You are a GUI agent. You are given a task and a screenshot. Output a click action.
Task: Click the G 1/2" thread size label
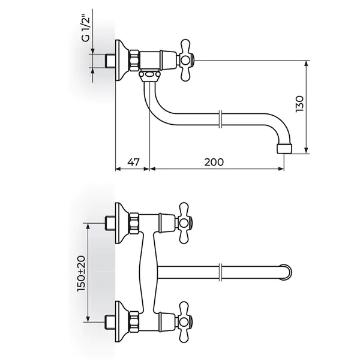click(x=85, y=29)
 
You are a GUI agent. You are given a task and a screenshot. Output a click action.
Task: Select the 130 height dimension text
click(x=299, y=104)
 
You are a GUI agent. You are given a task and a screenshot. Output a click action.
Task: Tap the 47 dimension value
click(x=134, y=162)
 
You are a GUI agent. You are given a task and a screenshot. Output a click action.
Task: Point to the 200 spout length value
click(x=214, y=162)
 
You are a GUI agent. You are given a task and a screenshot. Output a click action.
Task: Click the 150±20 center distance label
click(x=82, y=273)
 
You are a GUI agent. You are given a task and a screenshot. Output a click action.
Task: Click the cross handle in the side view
click(x=186, y=61)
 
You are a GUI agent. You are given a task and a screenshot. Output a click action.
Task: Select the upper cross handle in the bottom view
click(x=185, y=222)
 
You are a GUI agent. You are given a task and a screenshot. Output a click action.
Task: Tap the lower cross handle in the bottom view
click(x=185, y=321)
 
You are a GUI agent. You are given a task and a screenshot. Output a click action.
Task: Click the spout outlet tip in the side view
click(x=284, y=149)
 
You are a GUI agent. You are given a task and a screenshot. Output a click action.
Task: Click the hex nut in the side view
click(x=134, y=61)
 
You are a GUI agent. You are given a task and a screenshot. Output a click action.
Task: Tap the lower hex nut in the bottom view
click(x=134, y=321)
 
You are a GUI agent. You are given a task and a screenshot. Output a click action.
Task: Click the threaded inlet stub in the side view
click(x=110, y=61)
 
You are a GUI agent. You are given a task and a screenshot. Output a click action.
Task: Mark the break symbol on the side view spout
click(x=220, y=119)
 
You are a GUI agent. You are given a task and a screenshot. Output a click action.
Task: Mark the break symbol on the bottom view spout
click(x=220, y=272)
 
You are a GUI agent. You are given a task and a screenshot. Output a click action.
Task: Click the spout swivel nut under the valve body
click(x=149, y=76)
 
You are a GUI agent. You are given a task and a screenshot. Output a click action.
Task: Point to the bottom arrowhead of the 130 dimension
click(x=306, y=150)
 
